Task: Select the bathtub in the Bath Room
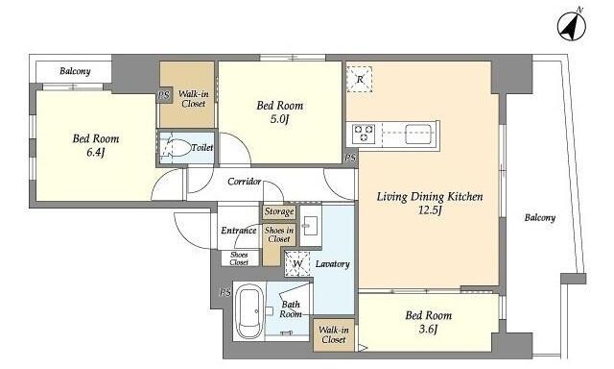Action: [x=249, y=312]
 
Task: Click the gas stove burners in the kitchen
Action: [x=364, y=134]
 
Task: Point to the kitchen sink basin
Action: [x=418, y=134]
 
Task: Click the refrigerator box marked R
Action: [x=360, y=79]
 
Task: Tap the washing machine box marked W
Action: [x=297, y=263]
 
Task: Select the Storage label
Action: [x=279, y=211]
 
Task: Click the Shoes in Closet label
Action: [x=279, y=234]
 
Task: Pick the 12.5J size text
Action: [x=431, y=210]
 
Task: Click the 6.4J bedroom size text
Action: [x=96, y=153]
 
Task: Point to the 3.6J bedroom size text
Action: [x=428, y=329]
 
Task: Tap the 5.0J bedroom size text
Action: [x=279, y=119]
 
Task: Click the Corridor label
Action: [x=245, y=182]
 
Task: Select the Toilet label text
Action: [x=202, y=148]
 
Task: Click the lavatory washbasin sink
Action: [x=311, y=226]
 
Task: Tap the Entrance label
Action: [x=239, y=231]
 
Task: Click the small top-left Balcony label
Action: [x=75, y=71]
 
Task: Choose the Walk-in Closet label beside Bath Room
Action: [x=334, y=334]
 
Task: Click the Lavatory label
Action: [x=333, y=264]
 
